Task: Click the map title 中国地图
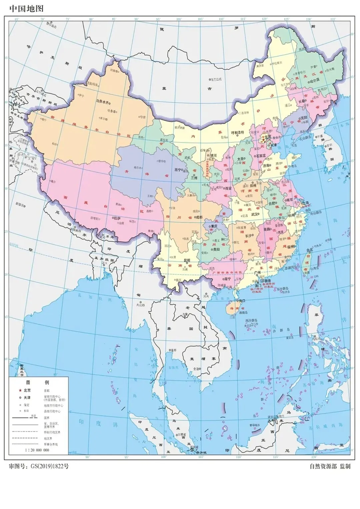click(26, 8)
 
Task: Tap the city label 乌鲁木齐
click(101, 100)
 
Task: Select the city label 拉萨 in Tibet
click(117, 218)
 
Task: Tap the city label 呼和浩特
click(238, 132)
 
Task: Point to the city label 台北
click(310, 250)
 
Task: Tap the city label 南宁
click(228, 278)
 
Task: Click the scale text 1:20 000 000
click(37, 450)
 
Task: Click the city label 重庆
click(214, 226)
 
